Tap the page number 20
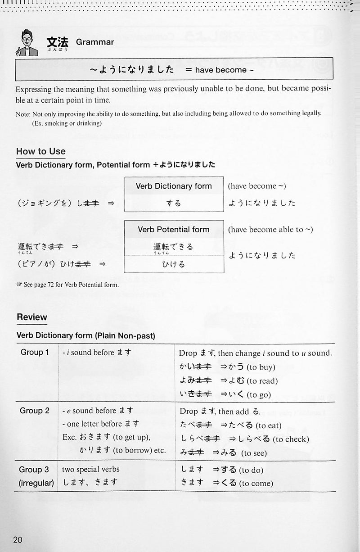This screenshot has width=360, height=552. [18, 540]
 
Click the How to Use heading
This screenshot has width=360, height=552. [40, 151]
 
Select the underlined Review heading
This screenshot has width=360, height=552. [31, 317]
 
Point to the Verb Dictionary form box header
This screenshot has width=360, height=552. [174, 186]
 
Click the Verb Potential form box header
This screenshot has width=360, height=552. [174, 229]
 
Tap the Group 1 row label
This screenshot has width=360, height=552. [35, 352]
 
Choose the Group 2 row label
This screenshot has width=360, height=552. [35, 410]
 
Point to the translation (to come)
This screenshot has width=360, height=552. [256, 484]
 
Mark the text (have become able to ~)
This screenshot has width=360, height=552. [270, 230]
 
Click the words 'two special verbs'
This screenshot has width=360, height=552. [91, 470]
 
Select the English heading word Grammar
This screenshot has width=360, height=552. [95, 42]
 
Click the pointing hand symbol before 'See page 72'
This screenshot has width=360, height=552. [19, 285]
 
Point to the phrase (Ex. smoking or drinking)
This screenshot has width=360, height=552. [67, 123]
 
